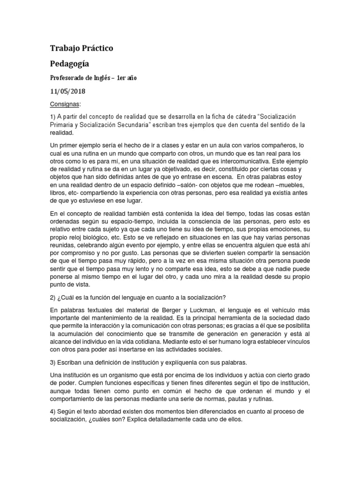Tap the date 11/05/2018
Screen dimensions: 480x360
[x=67, y=91]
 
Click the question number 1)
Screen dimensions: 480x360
[x=53, y=116]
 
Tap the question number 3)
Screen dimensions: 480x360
[x=53, y=362]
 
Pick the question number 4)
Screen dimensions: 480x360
[x=53, y=411]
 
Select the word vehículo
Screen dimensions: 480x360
[x=283, y=309]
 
